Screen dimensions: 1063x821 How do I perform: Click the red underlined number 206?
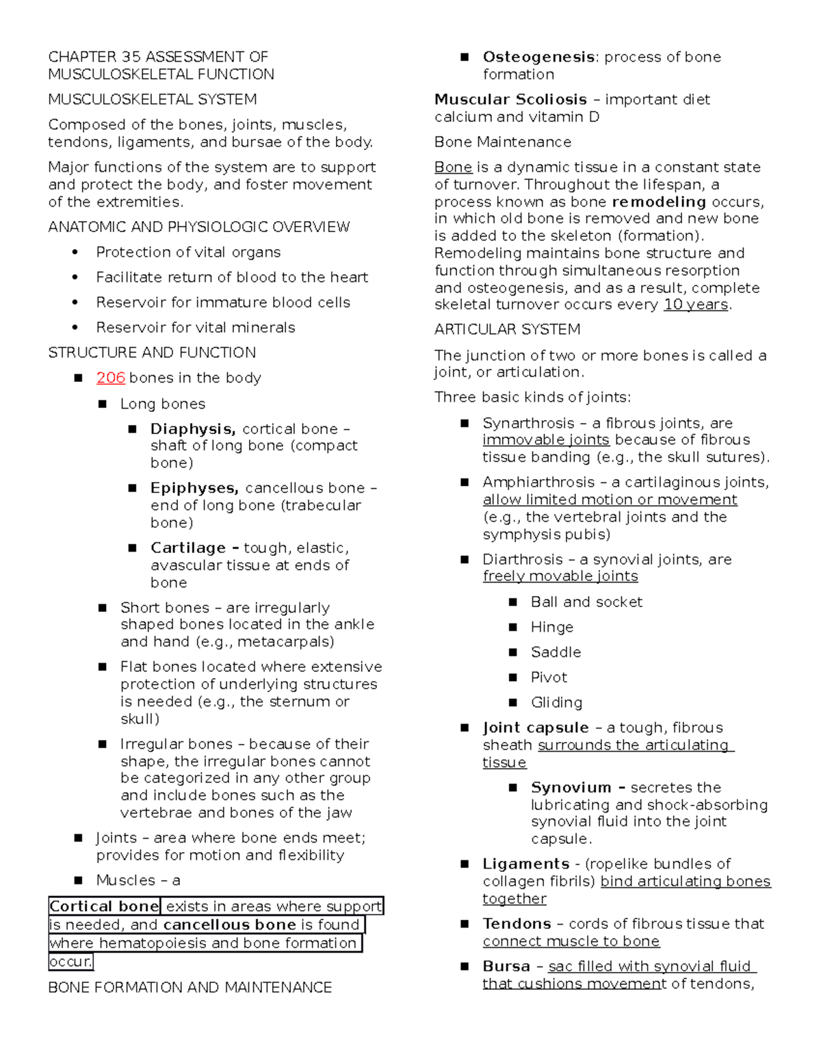click(110, 378)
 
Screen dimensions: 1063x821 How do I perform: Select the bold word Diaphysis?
click(192, 429)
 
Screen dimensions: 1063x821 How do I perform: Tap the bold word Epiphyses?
click(194, 488)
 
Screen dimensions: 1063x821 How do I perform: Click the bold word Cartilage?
click(188, 548)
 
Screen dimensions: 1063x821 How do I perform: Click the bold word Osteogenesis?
click(538, 57)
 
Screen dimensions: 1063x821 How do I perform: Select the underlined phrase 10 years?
click(695, 305)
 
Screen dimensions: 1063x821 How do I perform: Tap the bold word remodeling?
click(659, 202)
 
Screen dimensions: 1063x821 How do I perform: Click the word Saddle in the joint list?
click(556, 652)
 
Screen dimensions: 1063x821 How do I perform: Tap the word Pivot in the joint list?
click(549, 678)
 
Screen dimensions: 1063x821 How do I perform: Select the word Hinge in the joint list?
click(551, 627)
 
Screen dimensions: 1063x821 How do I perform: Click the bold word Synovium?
click(571, 788)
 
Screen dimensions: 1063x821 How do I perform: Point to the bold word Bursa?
click(506, 966)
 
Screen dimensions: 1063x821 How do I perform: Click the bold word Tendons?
click(517, 924)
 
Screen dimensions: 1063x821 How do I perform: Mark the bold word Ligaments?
click(525, 864)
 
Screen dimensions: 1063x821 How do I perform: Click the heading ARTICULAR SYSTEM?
click(507, 330)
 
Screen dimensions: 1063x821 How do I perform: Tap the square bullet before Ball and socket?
click(513, 602)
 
